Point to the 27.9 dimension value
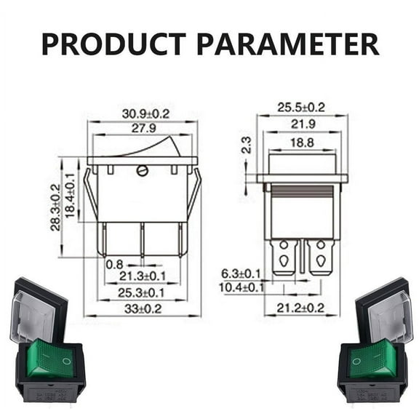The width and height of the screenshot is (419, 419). pyautogui.click(x=144, y=128)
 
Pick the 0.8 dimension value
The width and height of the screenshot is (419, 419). pyautogui.click(x=113, y=264)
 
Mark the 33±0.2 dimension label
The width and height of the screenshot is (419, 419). pyautogui.click(x=143, y=308)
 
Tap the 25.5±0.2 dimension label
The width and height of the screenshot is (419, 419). pyautogui.click(x=300, y=107)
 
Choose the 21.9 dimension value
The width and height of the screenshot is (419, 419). pyautogui.click(x=302, y=124)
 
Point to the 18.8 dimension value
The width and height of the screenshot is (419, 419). pyautogui.click(x=302, y=143)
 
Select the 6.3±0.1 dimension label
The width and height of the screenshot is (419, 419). pyautogui.click(x=241, y=274)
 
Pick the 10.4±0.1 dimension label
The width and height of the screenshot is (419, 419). pyautogui.click(x=240, y=287)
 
